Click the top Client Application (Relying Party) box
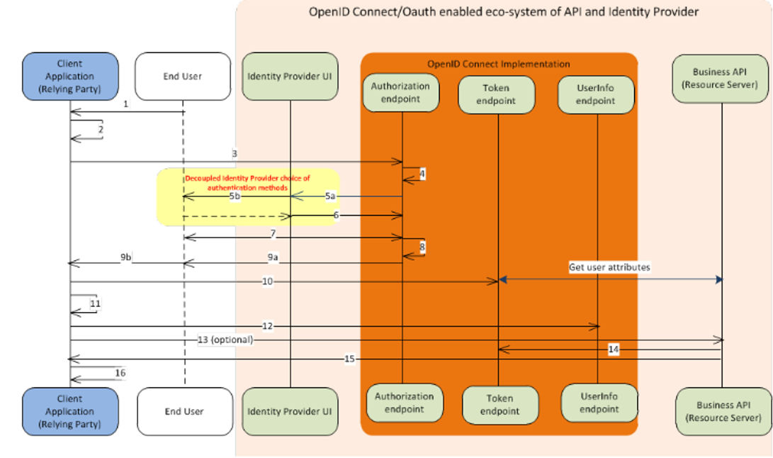[70, 77]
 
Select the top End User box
[182, 77]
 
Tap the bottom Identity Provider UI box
[290, 412]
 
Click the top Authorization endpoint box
[401, 93]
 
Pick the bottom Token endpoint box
[500, 405]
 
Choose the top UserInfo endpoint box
[596, 94]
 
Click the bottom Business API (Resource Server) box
[723, 412]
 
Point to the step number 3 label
[235, 153]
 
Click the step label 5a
[330, 196]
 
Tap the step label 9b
[125, 257]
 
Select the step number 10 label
[267, 281]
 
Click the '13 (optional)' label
[225, 340]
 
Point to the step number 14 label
[614, 350]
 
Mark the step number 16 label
[120, 373]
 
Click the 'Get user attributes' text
[609, 267]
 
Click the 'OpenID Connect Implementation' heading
[498, 64]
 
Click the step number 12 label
[267, 326]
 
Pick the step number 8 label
[422, 246]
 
